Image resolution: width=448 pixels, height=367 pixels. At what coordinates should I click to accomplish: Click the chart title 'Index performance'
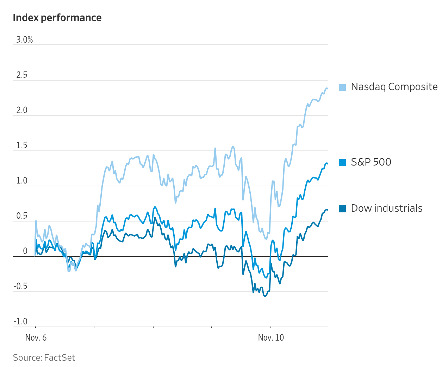tap(57, 18)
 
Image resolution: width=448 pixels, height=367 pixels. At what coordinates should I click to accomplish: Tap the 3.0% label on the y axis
tap(24, 40)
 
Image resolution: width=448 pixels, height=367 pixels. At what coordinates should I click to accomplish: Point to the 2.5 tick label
tap(21, 75)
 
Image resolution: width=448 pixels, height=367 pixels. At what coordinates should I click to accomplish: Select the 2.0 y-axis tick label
tap(21, 110)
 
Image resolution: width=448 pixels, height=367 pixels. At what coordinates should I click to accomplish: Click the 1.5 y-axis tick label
tap(21, 145)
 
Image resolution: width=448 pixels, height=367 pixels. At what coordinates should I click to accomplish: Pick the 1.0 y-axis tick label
tap(21, 181)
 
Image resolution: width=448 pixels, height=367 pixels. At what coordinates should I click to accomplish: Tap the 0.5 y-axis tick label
tap(21, 216)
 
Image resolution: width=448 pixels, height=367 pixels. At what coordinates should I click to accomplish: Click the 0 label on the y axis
tap(25, 251)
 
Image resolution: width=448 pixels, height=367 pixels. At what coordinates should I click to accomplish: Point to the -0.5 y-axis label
tap(20, 286)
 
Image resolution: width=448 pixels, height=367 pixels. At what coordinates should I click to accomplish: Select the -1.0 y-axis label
tap(20, 322)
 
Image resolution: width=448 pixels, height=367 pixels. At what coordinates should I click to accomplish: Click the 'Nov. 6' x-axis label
tap(36, 338)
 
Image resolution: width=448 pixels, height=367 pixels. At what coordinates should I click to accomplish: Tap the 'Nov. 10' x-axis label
tap(271, 338)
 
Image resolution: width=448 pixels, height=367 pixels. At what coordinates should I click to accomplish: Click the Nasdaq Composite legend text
tap(394, 87)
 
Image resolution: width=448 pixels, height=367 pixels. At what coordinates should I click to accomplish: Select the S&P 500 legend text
tap(371, 162)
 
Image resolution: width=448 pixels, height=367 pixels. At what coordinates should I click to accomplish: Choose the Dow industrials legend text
tap(386, 208)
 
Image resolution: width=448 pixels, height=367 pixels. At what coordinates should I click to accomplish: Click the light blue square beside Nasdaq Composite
tap(342, 87)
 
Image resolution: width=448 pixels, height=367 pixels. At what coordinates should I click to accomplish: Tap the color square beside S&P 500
tap(342, 162)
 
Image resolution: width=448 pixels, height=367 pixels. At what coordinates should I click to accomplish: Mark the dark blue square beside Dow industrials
tap(342, 209)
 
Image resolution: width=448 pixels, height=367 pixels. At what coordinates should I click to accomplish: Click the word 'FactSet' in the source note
tap(60, 357)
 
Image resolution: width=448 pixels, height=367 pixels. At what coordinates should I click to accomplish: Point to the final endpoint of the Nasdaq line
tap(328, 88)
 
